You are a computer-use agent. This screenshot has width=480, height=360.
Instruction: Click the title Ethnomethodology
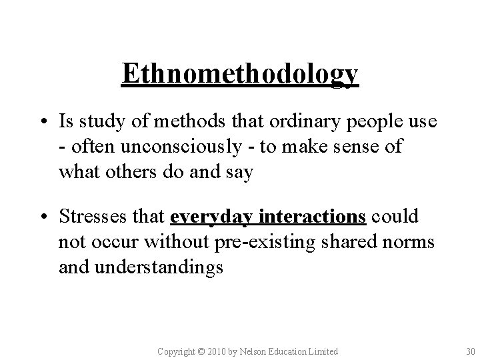click(x=240, y=75)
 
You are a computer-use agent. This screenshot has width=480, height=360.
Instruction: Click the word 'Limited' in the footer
click(x=322, y=351)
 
